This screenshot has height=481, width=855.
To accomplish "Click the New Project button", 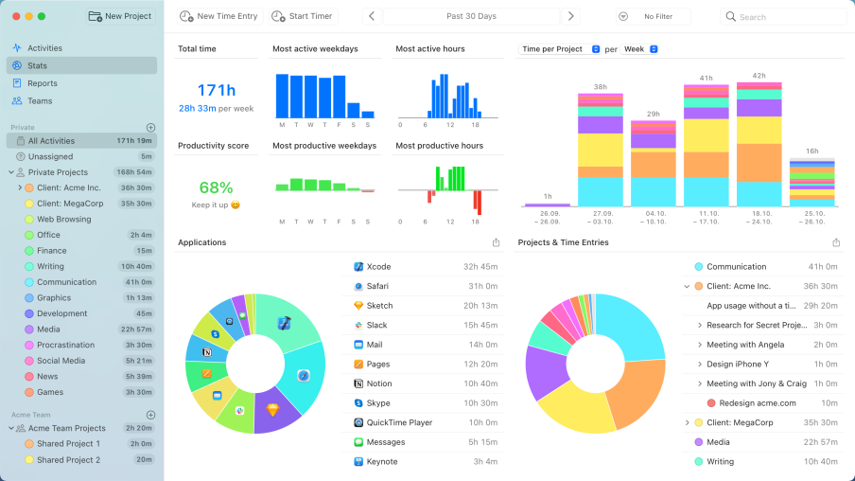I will coord(120,16).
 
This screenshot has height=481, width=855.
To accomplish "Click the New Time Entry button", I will coord(218,16).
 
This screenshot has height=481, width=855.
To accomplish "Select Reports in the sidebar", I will coord(43,83).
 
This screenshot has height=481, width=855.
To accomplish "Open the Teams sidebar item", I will coord(40,100).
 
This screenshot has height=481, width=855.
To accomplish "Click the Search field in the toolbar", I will coord(784,16).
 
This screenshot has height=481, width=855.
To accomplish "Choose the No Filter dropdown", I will coord(654,16).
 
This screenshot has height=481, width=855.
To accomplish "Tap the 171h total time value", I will coord(216,90).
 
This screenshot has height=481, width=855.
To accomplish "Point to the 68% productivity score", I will coord(216,187).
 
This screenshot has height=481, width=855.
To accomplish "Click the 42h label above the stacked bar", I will coord(759,76).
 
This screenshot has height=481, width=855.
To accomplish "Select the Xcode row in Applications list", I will coord(378,267).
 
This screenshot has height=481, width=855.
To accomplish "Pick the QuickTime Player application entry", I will coord(398,422).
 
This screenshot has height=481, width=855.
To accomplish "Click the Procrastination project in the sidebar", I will coord(65,345).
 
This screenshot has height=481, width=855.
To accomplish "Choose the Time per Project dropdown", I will coord(561,49).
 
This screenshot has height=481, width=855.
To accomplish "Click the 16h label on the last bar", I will coord(811,151).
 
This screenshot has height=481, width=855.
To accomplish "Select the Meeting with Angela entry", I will coord(745,345).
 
